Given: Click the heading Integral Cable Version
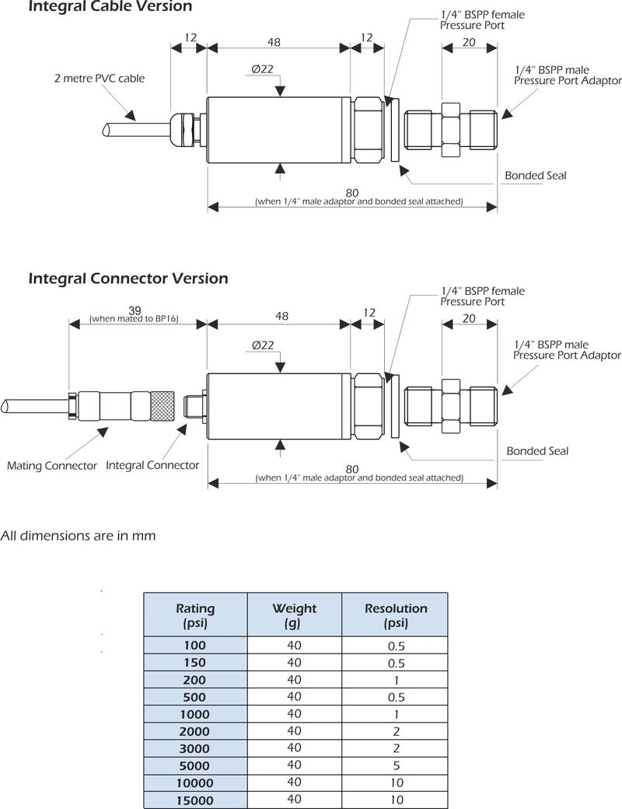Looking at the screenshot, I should [110, 7].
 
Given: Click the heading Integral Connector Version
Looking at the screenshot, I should [128, 278].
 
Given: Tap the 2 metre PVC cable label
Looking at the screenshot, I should [100, 79].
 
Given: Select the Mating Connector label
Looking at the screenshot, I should [52, 466].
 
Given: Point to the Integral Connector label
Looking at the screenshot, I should [152, 465].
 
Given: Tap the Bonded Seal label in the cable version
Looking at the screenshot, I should [536, 175].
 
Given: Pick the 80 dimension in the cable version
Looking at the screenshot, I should [352, 193].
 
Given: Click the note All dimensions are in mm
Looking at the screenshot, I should [78, 535].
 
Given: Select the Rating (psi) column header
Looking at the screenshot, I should [195, 615].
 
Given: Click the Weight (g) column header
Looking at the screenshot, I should [294, 615].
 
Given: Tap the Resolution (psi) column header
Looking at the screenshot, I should [396, 615].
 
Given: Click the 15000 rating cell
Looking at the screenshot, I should [195, 800].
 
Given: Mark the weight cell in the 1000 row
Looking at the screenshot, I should [294, 714].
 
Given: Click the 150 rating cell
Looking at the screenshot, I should [195, 663].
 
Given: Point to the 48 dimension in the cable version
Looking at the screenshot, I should [274, 41].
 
